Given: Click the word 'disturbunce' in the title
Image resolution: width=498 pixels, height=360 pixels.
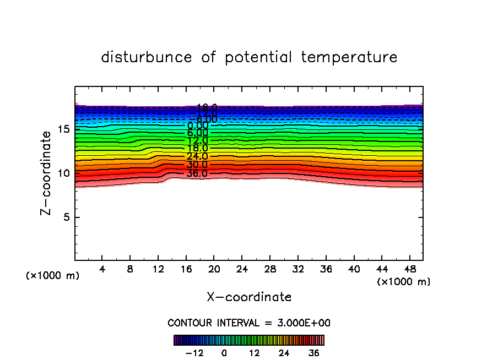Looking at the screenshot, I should point(147,57).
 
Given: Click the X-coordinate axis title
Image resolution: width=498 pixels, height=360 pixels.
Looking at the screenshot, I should point(249,297).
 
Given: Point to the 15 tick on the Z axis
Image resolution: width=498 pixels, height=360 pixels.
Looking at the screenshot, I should point(62,129).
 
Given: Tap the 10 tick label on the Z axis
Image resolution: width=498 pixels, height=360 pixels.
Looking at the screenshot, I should point(62,173).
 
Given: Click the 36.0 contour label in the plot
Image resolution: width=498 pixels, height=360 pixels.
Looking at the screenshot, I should point(197,174).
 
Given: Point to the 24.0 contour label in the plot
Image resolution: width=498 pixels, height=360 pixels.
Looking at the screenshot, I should point(197,156).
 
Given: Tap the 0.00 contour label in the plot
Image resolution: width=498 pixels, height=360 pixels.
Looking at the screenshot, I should point(197,126).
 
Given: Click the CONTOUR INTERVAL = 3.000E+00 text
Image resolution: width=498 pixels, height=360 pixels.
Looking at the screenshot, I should point(249,323).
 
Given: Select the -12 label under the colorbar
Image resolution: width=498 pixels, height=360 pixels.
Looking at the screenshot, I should point(194,353).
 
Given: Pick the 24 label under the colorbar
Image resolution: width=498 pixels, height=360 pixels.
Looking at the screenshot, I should point(284,353).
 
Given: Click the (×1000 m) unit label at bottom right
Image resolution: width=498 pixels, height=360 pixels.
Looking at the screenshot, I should point(404,282).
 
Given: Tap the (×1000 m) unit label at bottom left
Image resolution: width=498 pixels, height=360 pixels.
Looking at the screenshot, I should point(53,275).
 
